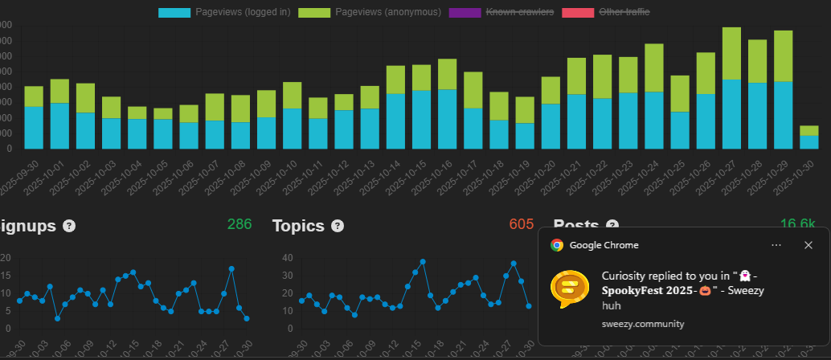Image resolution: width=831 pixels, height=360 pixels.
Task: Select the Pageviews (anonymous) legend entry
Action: pyautogui.click(x=370, y=12)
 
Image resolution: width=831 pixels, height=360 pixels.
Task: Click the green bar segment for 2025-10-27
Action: pyautogui.click(x=731, y=53)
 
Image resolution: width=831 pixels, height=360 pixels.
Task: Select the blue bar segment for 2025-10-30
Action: pyautogui.click(x=809, y=142)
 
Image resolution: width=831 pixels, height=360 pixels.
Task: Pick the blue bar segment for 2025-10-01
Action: pyautogui.click(x=59, y=125)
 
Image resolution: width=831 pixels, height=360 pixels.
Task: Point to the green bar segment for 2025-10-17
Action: pyautogui.click(x=473, y=90)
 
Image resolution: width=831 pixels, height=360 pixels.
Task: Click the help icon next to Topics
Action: pyautogui.click(x=338, y=226)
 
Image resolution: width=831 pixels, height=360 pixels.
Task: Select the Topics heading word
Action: pyautogui.click(x=298, y=226)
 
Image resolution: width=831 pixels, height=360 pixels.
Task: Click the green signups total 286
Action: pyautogui.click(x=239, y=224)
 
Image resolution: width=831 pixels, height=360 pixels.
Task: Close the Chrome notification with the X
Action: pyautogui.click(x=808, y=245)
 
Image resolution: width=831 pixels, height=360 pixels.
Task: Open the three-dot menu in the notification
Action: pyautogui.click(x=776, y=245)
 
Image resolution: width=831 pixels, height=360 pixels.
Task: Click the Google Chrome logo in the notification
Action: pyautogui.click(x=556, y=245)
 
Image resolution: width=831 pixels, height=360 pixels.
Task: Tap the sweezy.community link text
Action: pyautogui.click(x=643, y=324)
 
